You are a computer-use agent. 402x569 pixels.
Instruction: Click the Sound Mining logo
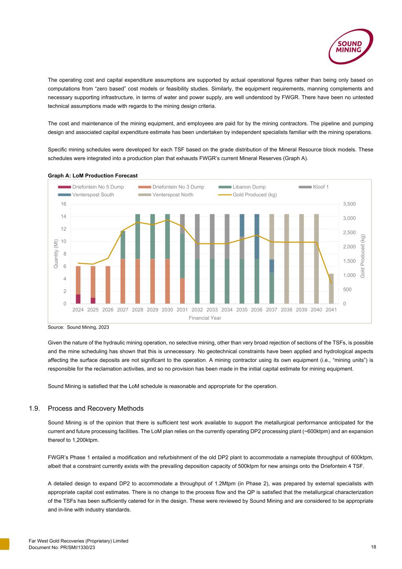click(x=350, y=46)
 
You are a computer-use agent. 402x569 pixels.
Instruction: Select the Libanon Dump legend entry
click(x=249, y=187)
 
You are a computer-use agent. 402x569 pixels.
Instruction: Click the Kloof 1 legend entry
click(x=320, y=187)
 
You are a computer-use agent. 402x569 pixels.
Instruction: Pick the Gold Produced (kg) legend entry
click(x=254, y=195)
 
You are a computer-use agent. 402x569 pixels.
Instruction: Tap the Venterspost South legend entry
click(x=93, y=195)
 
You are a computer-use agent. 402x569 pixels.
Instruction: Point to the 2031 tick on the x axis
click(x=182, y=310)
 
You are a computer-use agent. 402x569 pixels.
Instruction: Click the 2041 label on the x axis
click(x=331, y=310)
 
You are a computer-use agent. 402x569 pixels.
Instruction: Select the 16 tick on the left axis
click(x=63, y=204)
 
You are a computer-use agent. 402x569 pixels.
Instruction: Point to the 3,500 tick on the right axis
click(x=350, y=204)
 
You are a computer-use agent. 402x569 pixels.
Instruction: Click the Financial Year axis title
click(x=205, y=318)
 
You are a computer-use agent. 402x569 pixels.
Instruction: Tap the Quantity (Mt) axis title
click(x=55, y=253)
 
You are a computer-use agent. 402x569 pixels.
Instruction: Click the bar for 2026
click(x=108, y=285)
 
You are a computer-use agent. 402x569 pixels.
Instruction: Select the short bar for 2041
click(x=331, y=288)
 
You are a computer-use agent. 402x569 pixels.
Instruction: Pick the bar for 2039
click(x=302, y=258)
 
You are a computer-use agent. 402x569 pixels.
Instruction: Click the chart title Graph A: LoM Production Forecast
click(x=92, y=175)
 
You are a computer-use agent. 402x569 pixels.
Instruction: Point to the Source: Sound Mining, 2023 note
click(x=78, y=328)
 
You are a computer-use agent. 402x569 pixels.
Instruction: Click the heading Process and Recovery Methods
click(x=95, y=409)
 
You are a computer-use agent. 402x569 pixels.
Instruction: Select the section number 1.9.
click(x=34, y=409)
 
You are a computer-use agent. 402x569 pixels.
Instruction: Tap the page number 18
click(x=373, y=547)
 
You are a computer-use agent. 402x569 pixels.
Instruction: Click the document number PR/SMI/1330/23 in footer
click(x=62, y=547)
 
